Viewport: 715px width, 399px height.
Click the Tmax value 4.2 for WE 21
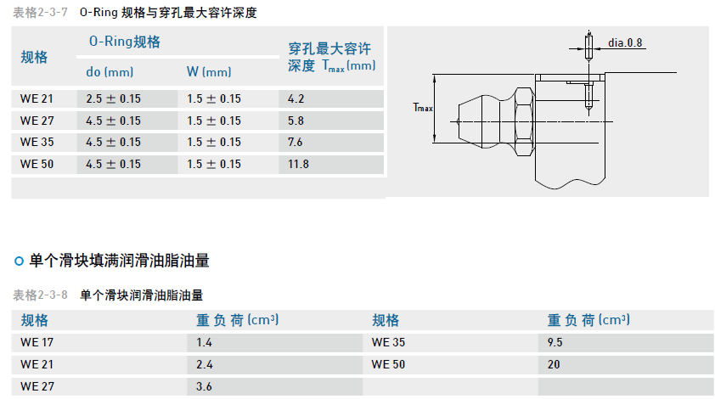(x=296, y=98)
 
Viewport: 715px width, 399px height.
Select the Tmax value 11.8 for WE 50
(x=299, y=164)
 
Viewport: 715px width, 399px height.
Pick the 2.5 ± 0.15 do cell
(x=114, y=98)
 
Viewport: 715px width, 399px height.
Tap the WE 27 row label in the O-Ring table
(x=37, y=121)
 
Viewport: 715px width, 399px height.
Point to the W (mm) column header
(x=209, y=72)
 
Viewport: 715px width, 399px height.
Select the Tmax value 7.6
(x=296, y=142)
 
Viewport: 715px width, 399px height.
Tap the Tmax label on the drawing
(x=423, y=108)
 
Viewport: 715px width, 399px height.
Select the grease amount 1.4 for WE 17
(x=204, y=343)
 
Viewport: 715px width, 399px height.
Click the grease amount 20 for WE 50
(x=555, y=364)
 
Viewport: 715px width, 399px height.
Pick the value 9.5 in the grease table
(x=556, y=343)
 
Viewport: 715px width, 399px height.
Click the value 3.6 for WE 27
(x=204, y=386)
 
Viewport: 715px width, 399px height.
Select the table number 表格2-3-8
(x=40, y=295)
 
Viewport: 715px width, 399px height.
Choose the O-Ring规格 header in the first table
(x=125, y=42)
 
